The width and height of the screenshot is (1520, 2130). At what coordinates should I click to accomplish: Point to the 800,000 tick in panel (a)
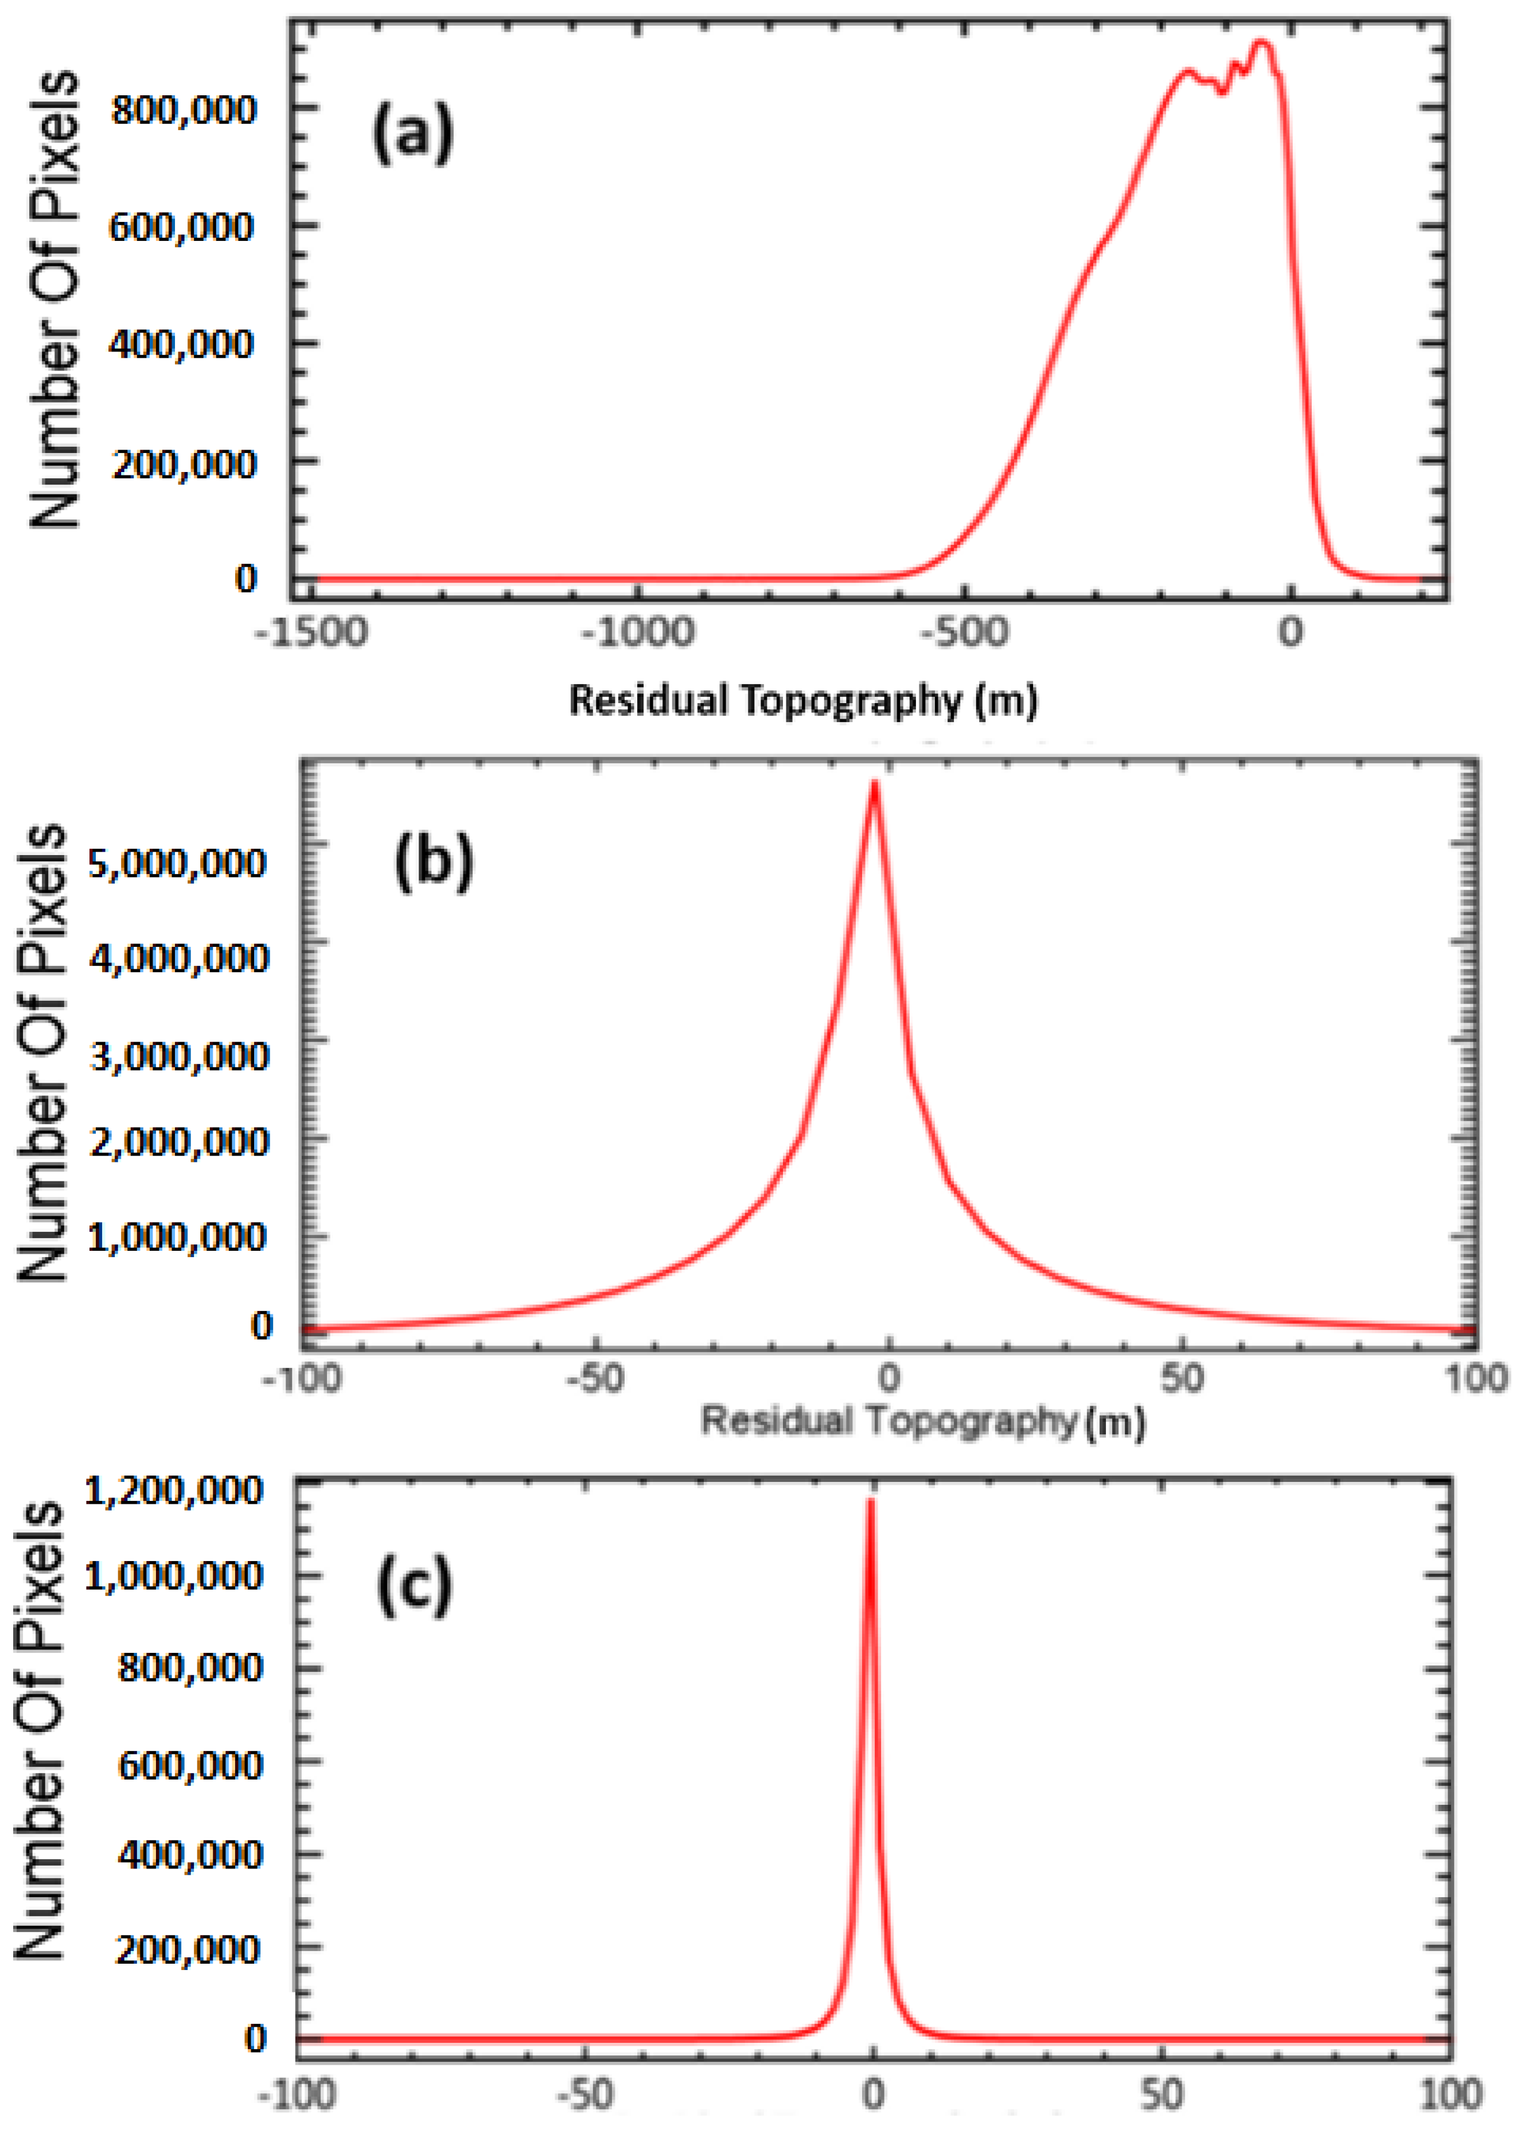182,111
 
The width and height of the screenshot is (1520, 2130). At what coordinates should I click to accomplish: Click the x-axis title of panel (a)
803,700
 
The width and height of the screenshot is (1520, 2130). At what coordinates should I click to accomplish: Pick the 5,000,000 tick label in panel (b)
178,863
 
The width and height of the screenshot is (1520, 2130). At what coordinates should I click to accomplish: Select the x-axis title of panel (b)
922,1422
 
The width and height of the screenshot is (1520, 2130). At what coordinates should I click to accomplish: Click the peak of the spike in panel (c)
871,1501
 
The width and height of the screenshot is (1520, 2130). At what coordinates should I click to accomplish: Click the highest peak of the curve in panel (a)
1261,42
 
